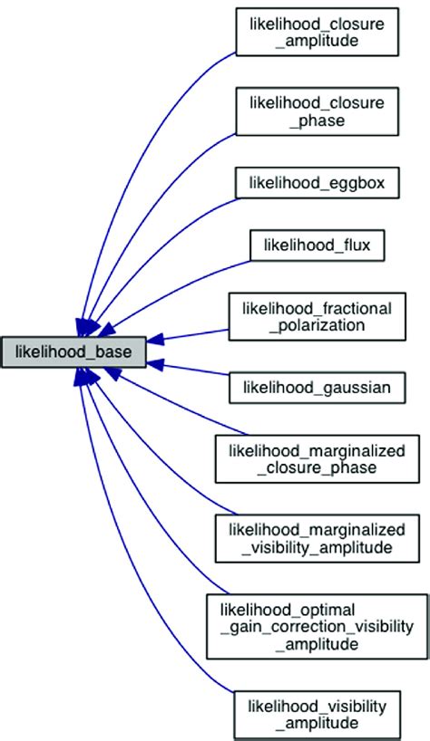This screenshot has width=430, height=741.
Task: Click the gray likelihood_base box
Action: point(73,351)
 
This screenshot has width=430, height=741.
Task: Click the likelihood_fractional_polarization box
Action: point(318,316)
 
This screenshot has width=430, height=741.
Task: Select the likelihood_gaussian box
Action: point(318,387)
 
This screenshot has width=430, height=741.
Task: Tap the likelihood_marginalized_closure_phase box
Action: point(318,458)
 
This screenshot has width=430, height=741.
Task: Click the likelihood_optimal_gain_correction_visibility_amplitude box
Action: point(318,626)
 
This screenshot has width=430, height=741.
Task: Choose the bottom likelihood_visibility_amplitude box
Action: point(318,713)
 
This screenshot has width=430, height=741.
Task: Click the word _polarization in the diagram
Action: point(317,325)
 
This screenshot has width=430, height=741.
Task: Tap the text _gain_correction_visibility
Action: point(317,626)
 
